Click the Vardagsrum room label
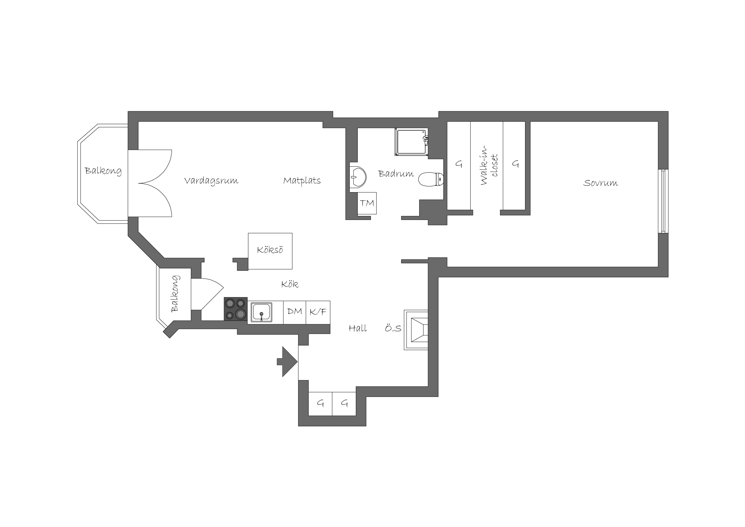coord(211,181)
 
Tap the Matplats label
coord(302,180)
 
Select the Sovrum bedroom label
coord(601,183)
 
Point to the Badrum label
coord(396,174)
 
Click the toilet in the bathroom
coord(431,179)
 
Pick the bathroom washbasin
coord(358,177)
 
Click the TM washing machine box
coord(367,203)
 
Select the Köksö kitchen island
coord(270,251)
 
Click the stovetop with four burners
coord(236,309)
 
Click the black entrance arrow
coord(287,362)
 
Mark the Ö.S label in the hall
coord(393,329)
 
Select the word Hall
coord(358,328)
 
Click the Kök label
coord(290,284)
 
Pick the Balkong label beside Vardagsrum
coord(103,171)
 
